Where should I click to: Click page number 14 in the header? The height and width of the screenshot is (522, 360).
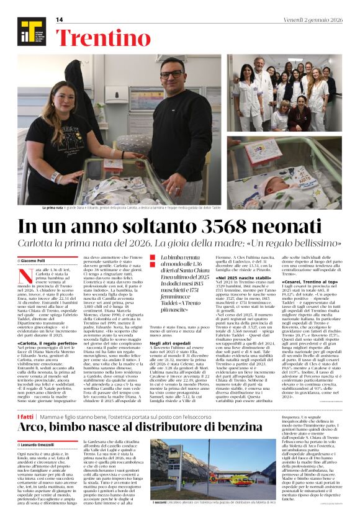coord(60,20)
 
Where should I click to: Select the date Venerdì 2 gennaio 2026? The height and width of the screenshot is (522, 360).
coord(312,20)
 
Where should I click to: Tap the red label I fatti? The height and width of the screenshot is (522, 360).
coord(26,400)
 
